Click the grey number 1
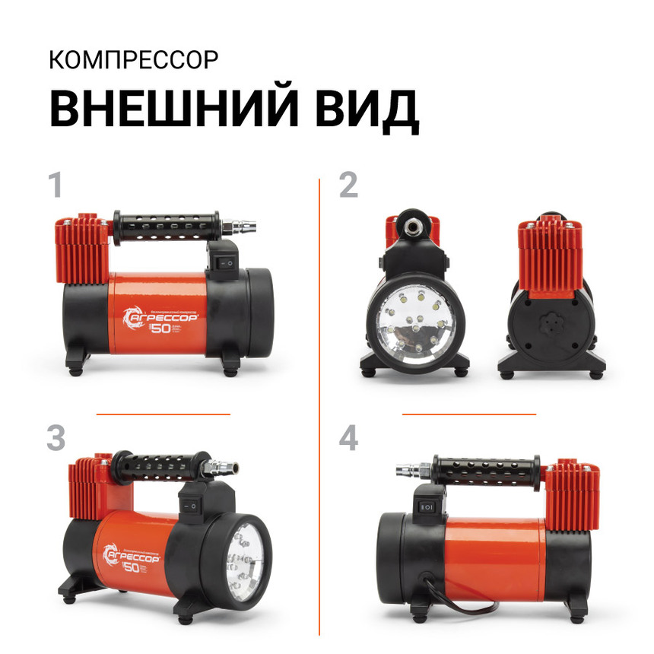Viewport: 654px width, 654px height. click(55, 186)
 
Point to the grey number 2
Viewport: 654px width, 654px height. click(348, 186)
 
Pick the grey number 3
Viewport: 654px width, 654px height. click(56, 439)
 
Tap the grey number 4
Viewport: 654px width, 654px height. click(348, 439)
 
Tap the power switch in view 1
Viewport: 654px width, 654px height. click(226, 259)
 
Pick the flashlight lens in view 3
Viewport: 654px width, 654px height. click(245, 558)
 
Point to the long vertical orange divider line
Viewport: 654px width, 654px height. click(320, 403)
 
